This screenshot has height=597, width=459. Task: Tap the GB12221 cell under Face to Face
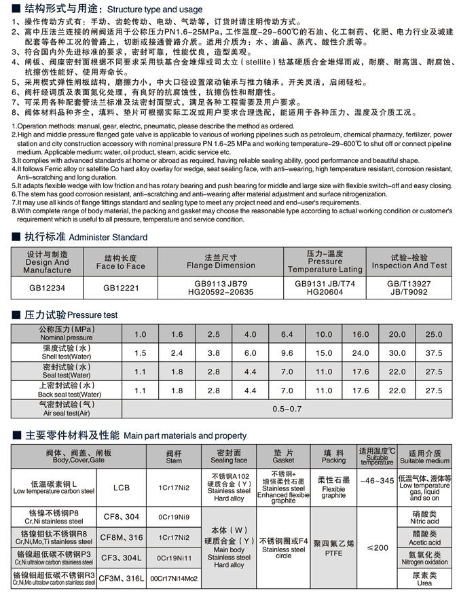[120, 287]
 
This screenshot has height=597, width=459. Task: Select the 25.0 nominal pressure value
[433, 334]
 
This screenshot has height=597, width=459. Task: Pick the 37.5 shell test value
[433, 353]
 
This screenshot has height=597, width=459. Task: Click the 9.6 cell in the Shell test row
[287, 353]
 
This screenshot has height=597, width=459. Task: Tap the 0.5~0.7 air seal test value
[286, 409]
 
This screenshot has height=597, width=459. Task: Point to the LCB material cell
[122, 488]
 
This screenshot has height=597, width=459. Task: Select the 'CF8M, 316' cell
[122, 537]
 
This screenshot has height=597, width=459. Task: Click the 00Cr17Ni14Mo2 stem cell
[174, 579]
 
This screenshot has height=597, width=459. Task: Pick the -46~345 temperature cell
[378, 481]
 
